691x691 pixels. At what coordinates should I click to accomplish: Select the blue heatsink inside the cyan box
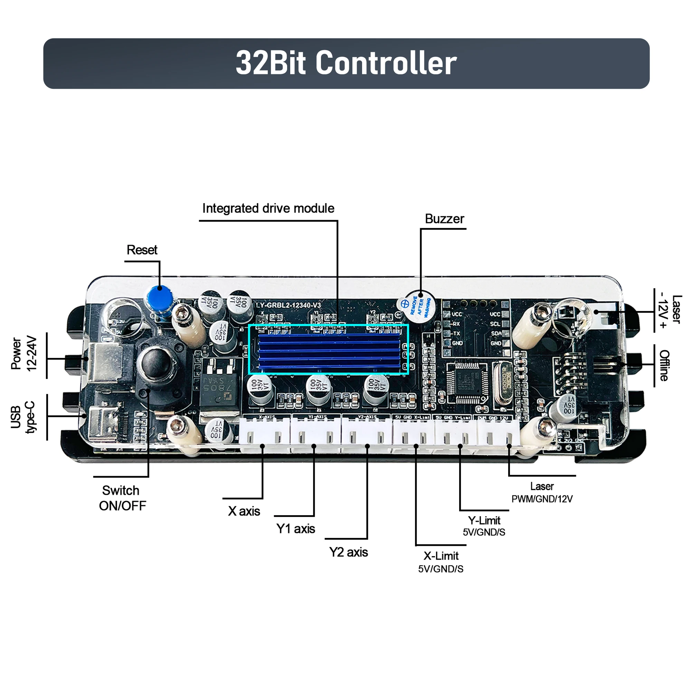tap(329, 350)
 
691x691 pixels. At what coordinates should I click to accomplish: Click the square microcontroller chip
tap(467, 383)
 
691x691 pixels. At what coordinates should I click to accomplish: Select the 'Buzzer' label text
tap(444, 219)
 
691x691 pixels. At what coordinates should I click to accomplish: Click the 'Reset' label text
tap(142, 250)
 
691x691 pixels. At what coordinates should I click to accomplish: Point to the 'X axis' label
tap(244, 511)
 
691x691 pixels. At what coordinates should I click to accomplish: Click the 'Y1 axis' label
tap(295, 529)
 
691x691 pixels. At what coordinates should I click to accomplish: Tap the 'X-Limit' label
tap(441, 556)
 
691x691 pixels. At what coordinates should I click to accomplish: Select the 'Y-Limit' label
tap(484, 521)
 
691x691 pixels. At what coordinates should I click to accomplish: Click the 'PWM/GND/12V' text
tap(542, 499)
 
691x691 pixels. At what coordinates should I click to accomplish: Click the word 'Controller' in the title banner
tap(386, 63)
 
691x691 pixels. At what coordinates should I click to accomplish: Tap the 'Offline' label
tap(664, 365)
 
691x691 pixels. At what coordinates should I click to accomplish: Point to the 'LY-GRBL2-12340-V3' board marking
tap(288, 305)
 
